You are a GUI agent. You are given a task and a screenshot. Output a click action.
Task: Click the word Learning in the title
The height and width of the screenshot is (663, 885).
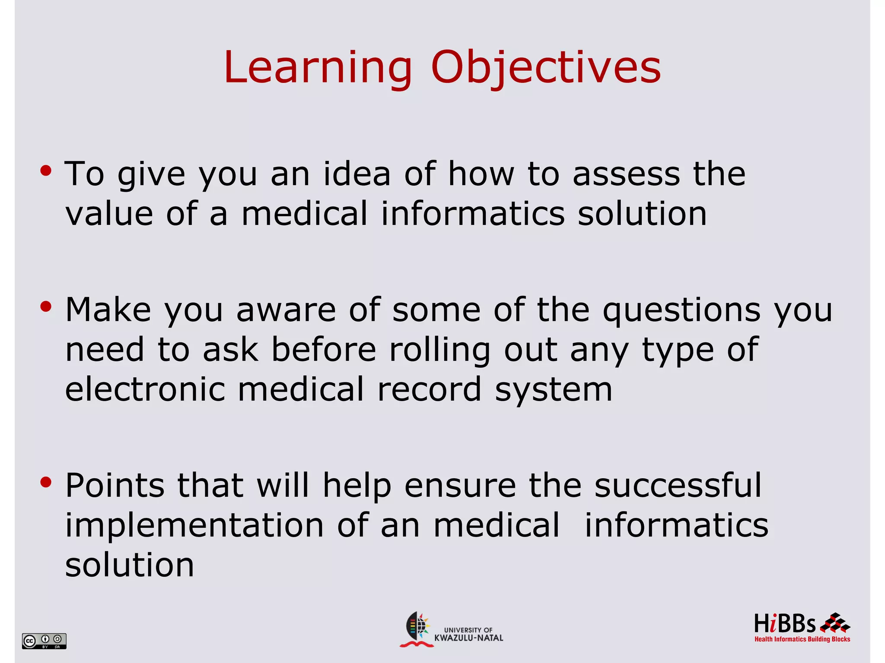(318, 68)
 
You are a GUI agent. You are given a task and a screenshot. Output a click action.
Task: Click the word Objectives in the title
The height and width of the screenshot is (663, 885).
(546, 68)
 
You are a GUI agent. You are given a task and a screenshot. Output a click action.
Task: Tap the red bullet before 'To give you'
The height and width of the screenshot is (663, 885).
(46, 171)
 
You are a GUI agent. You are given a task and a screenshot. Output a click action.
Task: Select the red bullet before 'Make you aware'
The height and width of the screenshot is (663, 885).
(46, 307)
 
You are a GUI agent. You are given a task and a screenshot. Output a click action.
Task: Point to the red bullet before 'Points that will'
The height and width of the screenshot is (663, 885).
(46, 482)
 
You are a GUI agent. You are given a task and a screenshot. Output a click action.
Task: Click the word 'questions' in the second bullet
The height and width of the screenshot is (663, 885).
(681, 310)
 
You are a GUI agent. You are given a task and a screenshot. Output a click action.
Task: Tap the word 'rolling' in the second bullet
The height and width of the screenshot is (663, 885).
(440, 350)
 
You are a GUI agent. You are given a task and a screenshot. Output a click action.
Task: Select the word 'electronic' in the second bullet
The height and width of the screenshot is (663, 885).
(145, 389)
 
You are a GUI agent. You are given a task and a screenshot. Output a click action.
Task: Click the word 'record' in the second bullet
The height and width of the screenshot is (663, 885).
(429, 389)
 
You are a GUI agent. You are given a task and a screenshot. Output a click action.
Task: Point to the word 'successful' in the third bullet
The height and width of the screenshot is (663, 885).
(678, 485)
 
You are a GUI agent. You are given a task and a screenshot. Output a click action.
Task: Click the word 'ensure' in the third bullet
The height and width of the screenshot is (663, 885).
(460, 485)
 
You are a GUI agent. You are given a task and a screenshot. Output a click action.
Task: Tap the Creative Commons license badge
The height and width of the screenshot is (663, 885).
(44, 641)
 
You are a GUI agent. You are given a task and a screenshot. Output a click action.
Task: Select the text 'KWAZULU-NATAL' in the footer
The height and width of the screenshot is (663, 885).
(468, 638)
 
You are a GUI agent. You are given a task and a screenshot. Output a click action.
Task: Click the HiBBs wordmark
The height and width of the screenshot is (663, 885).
(784, 624)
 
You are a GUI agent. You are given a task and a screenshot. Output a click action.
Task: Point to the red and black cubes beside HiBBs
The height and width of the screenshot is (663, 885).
(835, 623)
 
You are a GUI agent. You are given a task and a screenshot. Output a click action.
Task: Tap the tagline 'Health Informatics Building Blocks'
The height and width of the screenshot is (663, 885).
(802, 639)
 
